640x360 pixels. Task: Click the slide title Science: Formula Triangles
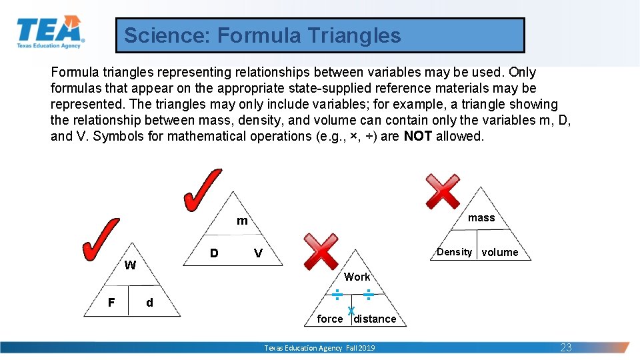(263, 35)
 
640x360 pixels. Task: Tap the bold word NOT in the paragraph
(418, 136)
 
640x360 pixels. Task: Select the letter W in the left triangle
(130, 265)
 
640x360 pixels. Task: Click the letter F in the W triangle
(111, 303)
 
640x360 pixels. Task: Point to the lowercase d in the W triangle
(149, 303)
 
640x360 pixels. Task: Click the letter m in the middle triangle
(242, 221)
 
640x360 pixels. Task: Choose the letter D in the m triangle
(214, 253)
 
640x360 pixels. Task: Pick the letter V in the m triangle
(258, 253)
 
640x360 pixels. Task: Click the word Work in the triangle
(357, 277)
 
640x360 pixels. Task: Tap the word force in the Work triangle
(330, 319)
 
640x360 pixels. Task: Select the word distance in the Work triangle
(375, 319)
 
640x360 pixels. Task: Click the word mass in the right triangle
(481, 218)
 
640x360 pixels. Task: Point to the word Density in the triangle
(454, 252)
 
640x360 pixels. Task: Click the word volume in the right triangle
(500, 252)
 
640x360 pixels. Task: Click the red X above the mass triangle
(443, 191)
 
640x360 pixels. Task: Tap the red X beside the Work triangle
(321, 251)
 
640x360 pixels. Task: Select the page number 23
(566, 347)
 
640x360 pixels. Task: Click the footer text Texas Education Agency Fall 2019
(319, 348)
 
